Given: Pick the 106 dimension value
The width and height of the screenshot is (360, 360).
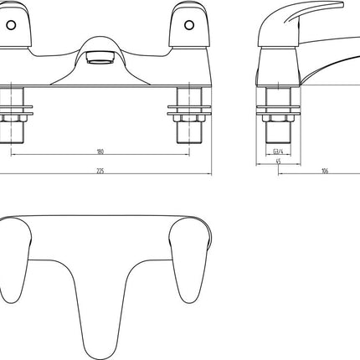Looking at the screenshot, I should coord(324,171).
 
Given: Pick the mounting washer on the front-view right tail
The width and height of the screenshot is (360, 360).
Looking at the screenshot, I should coord(184,107).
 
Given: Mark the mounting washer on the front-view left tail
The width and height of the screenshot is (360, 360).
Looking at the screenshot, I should coord(17,107).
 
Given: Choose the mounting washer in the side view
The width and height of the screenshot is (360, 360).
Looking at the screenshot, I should coord(277,107).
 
